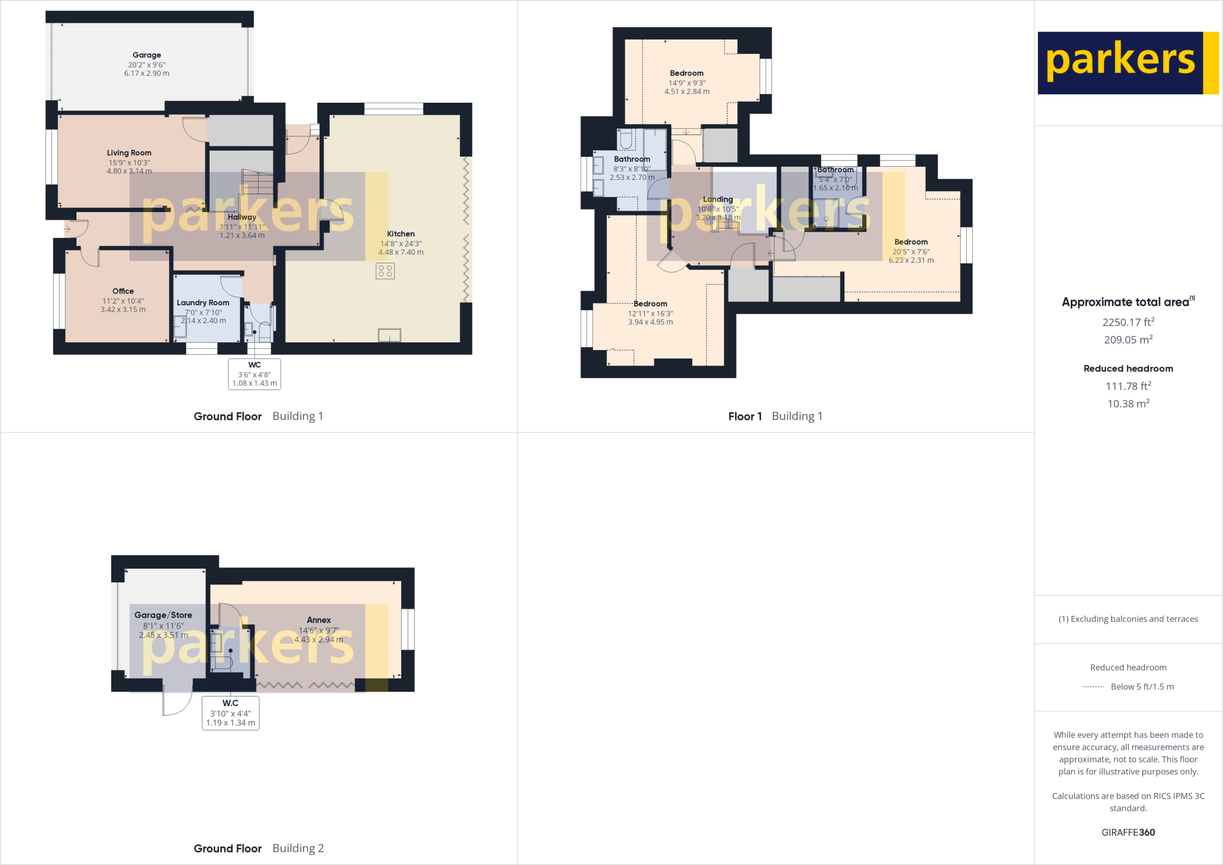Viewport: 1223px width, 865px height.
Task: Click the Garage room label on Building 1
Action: [x=147, y=55]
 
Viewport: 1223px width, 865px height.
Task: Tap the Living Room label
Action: [x=129, y=153]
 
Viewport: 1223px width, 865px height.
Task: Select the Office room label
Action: [x=123, y=292]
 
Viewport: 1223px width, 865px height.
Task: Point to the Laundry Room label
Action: [x=203, y=303]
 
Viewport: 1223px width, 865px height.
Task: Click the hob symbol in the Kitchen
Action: [x=385, y=271]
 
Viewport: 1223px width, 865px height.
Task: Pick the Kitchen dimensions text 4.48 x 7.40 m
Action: [x=401, y=253]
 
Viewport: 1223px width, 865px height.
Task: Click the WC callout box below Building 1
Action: [x=254, y=374]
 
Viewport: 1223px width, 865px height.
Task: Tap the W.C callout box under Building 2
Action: [x=231, y=713]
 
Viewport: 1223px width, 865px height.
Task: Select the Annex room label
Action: [x=319, y=620]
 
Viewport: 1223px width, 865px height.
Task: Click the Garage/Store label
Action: [x=163, y=615]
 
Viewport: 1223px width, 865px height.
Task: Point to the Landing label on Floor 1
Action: [x=718, y=200]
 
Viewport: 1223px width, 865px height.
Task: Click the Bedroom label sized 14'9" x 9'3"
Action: [x=687, y=73]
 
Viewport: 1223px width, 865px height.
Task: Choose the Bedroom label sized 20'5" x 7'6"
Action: [x=911, y=243]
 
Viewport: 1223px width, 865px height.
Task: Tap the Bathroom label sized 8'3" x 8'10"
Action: [x=632, y=159]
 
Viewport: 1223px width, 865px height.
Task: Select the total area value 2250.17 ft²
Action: [x=1128, y=323]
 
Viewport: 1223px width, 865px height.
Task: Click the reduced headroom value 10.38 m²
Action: [x=1128, y=404]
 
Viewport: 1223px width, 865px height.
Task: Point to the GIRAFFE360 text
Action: [x=1128, y=832]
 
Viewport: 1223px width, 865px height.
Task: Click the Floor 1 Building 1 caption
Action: [x=775, y=416]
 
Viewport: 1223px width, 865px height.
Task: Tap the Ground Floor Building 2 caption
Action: [x=259, y=848]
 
